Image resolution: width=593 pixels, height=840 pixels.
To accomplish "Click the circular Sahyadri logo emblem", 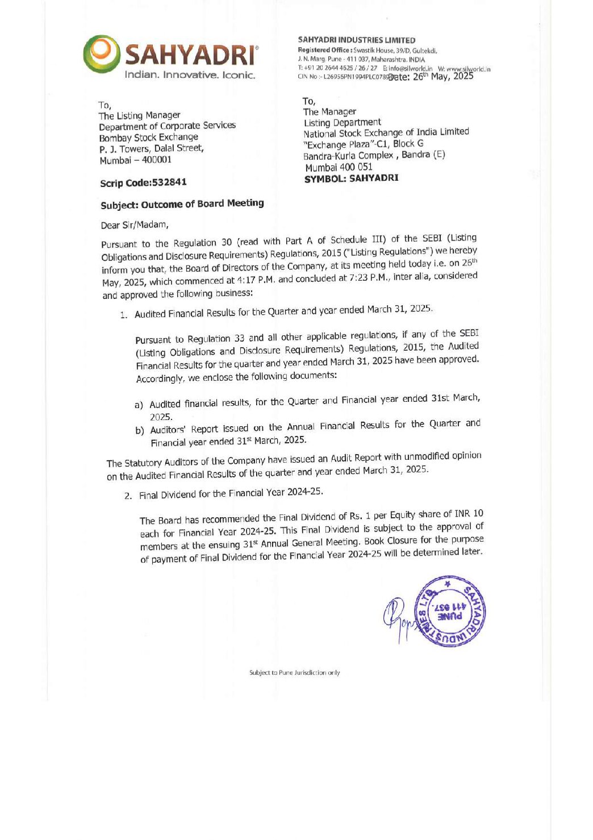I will point(102,53).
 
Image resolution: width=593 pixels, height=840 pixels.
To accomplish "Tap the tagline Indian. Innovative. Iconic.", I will point(190,75).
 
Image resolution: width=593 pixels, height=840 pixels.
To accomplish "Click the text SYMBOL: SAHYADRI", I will point(351,178).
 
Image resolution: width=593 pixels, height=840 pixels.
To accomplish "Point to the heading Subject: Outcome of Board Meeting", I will point(182,204).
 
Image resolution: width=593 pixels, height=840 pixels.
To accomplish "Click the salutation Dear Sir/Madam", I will point(135,225).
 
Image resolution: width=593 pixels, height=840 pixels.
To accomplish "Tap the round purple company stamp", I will point(450,611).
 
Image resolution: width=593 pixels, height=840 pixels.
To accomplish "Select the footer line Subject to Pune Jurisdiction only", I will point(294,673).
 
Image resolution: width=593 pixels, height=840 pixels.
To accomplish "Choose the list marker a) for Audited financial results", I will point(139,405).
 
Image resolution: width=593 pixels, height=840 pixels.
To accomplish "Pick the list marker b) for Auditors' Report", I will point(140,430).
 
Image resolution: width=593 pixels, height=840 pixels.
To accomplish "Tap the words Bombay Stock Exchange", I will point(149,138).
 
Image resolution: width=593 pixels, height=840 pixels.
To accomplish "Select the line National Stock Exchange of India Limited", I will point(386,132).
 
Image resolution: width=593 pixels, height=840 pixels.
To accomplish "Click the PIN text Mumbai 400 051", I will point(339,167).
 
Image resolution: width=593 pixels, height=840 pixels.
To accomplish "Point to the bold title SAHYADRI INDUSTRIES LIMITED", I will point(356,40).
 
